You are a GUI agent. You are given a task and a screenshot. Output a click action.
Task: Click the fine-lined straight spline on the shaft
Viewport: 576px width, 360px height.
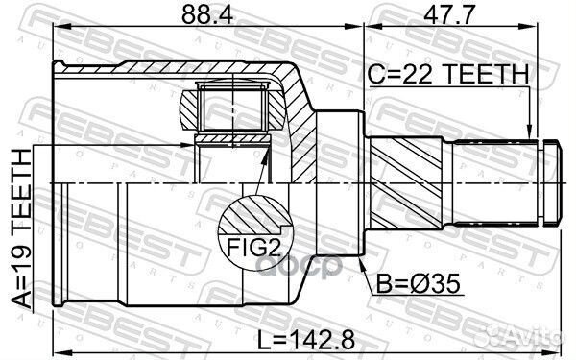[x=494, y=182]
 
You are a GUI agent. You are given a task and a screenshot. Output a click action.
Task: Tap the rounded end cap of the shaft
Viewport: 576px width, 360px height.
[x=551, y=182]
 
